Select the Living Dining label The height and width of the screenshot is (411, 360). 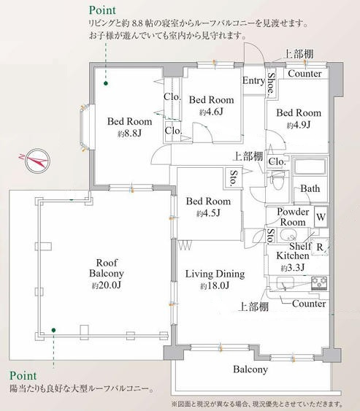pyautogui.click(x=214, y=274)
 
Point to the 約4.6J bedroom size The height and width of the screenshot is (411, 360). pyautogui.click(x=211, y=112)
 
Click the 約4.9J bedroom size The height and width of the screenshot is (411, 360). pyautogui.click(x=298, y=125)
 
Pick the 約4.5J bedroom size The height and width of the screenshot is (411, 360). pyautogui.click(x=208, y=213)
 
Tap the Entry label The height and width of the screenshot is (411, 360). pyautogui.click(x=253, y=81)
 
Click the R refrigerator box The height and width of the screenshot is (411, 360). pyautogui.click(x=320, y=247)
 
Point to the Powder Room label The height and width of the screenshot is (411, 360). pyautogui.click(x=294, y=217)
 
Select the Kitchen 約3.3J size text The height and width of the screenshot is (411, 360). pyautogui.click(x=296, y=267)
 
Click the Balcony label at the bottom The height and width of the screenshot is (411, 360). pyautogui.click(x=250, y=370)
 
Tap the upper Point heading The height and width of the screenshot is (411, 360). pyautogui.click(x=104, y=11)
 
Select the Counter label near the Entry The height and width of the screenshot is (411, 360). pyautogui.click(x=305, y=74)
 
